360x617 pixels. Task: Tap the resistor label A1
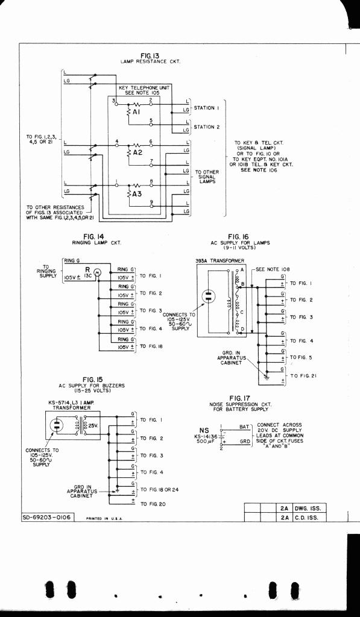click(136, 112)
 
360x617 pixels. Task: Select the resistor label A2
click(137, 152)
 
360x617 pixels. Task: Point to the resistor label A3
click(137, 193)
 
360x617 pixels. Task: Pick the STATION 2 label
click(207, 127)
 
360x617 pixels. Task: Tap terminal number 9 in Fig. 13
click(151, 202)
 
